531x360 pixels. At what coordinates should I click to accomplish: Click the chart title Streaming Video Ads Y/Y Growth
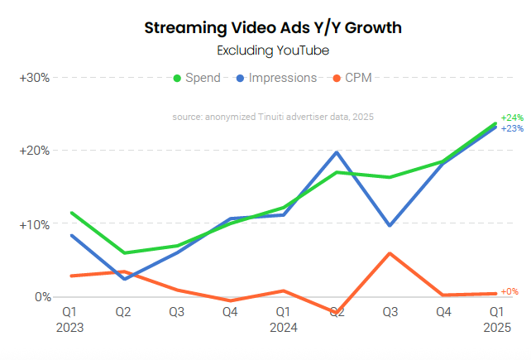[273, 28]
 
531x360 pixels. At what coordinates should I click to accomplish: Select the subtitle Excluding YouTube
[273, 50]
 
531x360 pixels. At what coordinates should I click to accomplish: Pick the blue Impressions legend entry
[276, 78]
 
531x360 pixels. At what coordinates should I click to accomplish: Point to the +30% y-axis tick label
[35, 78]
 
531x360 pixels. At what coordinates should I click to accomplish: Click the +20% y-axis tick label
[35, 151]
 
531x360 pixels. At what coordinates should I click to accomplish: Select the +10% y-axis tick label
[35, 224]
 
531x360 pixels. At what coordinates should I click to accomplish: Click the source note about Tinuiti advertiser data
[273, 118]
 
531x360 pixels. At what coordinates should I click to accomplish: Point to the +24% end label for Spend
[512, 118]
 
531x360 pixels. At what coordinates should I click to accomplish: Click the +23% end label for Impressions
[512, 129]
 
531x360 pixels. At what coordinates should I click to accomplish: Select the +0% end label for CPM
[509, 292]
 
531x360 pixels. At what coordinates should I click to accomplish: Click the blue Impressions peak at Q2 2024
[336, 152]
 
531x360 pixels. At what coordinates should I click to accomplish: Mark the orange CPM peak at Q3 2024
[390, 253]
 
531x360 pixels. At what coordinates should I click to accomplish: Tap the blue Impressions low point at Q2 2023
[124, 279]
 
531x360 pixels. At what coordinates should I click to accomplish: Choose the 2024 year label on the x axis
[282, 327]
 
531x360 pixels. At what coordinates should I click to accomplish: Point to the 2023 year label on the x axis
[70, 327]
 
